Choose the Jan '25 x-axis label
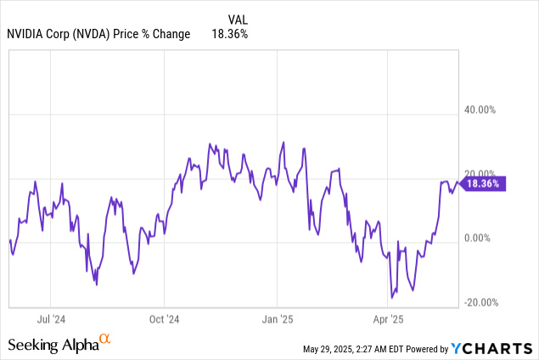coord(278,320)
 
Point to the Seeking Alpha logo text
coord(53,345)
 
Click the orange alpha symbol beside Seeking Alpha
coord(105,340)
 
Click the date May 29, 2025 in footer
coord(334,349)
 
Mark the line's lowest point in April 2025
coord(391,297)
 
